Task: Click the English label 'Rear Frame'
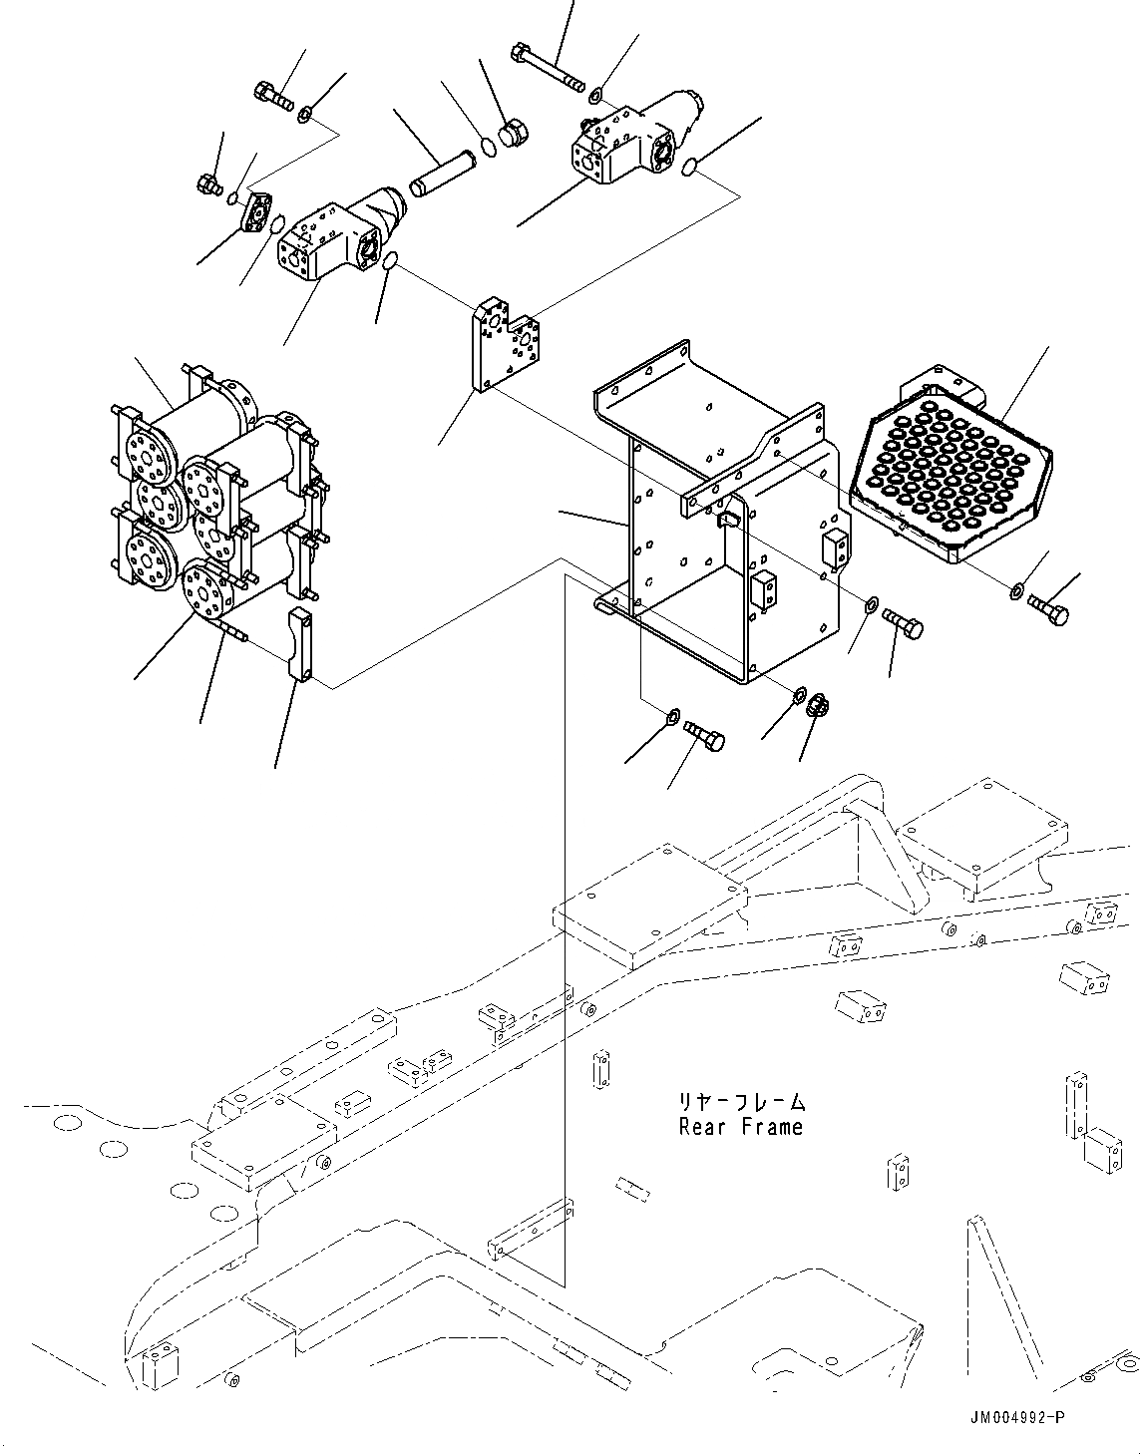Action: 740,1127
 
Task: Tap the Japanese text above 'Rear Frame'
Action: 740,1102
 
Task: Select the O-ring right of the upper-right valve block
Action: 690,169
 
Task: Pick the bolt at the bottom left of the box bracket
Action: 704,736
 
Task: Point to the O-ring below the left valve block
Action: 391,261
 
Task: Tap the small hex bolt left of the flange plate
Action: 209,183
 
